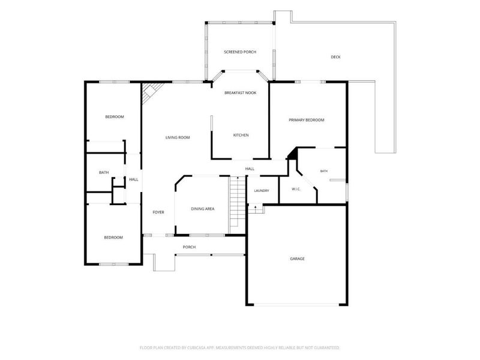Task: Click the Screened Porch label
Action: (x=240, y=52)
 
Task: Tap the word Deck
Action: (x=335, y=57)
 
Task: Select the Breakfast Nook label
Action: (x=241, y=93)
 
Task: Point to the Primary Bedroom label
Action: (x=307, y=120)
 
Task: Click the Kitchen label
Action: (x=241, y=135)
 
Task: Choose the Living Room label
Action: (x=178, y=137)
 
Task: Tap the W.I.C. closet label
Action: (x=296, y=189)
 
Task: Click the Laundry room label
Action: (x=262, y=191)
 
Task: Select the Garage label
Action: (x=297, y=259)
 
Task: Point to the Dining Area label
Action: (x=203, y=209)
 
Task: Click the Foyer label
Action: (x=158, y=212)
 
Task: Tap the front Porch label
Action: (x=189, y=247)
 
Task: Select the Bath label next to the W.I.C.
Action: (x=324, y=171)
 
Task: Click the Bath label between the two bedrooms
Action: (x=104, y=173)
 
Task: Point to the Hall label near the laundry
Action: (x=250, y=169)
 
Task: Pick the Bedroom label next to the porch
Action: (x=113, y=238)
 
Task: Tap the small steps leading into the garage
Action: (x=256, y=209)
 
